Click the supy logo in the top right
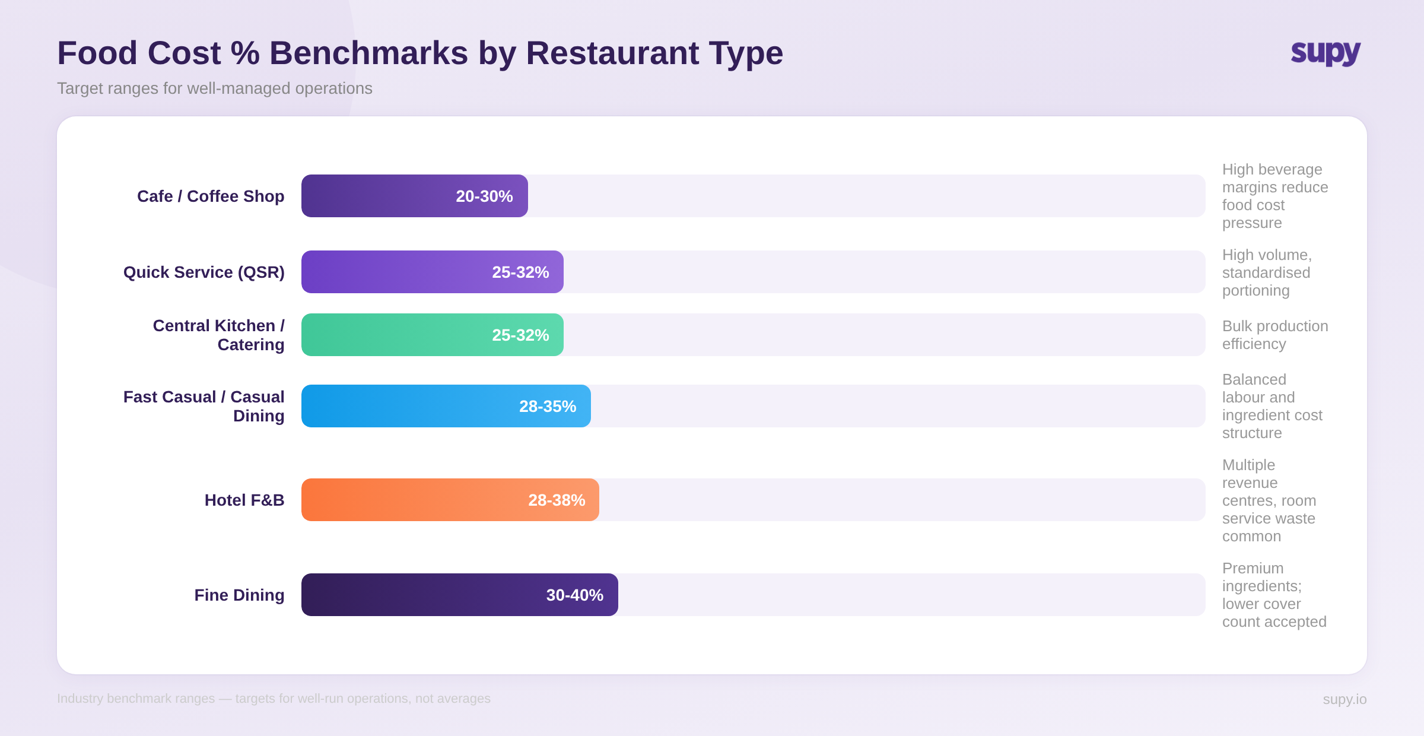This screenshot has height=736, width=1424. [1326, 53]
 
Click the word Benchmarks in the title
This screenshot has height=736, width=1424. [368, 53]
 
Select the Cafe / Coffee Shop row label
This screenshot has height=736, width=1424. [211, 196]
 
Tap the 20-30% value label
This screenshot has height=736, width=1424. [484, 196]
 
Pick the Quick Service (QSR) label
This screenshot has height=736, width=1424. [204, 272]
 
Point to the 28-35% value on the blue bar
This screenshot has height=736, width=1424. [547, 407]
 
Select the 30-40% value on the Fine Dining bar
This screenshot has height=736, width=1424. [574, 595]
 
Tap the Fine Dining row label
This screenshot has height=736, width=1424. [239, 595]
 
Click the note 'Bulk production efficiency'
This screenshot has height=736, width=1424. [1274, 335]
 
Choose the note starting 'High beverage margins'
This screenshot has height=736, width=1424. [1274, 196]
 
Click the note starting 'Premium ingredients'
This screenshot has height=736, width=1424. [1273, 595]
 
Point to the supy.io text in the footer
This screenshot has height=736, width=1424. [1344, 699]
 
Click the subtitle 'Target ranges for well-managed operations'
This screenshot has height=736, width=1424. [214, 88]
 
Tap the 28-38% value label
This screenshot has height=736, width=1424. [557, 500]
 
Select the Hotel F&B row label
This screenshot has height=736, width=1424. [244, 500]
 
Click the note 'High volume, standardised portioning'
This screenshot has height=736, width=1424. [1266, 272]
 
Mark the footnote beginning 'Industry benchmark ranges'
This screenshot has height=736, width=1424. [274, 699]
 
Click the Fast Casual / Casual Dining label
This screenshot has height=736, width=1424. [204, 406]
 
